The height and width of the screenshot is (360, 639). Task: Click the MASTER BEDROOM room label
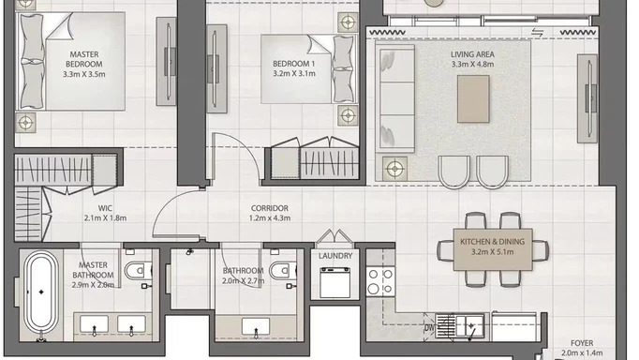pyautogui.click(x=84, y=64)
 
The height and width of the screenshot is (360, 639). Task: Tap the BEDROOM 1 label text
pyautogui.click(x=294, y=68)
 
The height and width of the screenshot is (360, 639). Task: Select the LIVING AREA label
pyautogui.click(x=472, y=59)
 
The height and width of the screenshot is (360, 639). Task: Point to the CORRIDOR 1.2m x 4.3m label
pyautogui.click(x=270, y=213)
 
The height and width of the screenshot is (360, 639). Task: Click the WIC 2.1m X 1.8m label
pyautogui.click(x=105, y=213)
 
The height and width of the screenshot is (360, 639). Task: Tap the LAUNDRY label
pyautogui.click(x=335, y=256)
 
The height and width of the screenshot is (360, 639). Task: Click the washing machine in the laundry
pyautogui.click(x=334, y=282)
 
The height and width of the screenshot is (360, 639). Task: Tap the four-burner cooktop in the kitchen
pyautogui.click(x=380, y=281)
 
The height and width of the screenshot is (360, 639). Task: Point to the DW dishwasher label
pyautogui.click(x=429, y=327)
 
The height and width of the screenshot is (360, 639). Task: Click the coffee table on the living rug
pyautogui.click(x=473, y=99)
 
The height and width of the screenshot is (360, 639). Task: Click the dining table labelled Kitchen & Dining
pyautogui.click(x=493, y=249)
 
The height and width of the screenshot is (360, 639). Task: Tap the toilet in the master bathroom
pyautogui.click(x=138, y=270)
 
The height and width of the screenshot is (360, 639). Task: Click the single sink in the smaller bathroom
pyautogui.click(x=256, y=327)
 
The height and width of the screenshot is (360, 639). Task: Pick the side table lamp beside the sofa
pyautogui.click(x=394, y=168)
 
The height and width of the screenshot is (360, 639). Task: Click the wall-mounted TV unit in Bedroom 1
pyautogui.click(x=216, y=68)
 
